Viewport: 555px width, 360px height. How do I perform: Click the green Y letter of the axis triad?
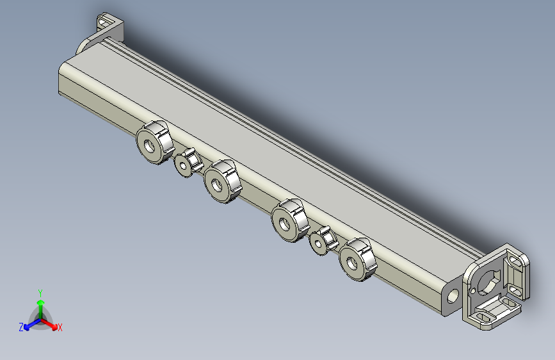[x=40, y=293]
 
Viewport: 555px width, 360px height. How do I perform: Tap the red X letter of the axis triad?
[x=60, y=327]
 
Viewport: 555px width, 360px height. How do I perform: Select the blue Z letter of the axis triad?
[x=21, y=327]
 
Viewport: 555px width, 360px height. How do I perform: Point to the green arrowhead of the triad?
[x=41, y=302]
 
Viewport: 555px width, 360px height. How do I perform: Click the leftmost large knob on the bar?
[x=155, y=142]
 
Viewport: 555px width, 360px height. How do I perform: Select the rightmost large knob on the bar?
[x=357, y=259]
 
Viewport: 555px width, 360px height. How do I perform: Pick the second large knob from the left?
[x=222, y=181]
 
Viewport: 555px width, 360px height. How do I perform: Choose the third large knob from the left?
[x=290, y=220]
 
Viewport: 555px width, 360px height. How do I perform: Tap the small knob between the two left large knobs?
[x=188, y=163]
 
